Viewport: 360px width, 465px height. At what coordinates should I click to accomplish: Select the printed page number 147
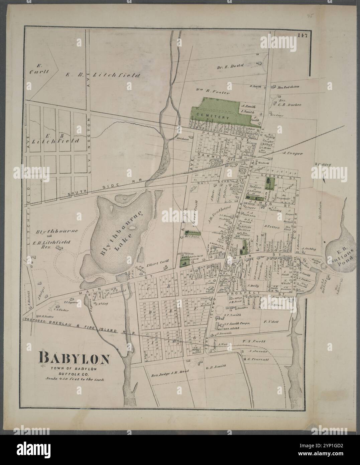(x=303, y=33)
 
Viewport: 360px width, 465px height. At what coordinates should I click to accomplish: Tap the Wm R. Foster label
(x=212, y=91)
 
